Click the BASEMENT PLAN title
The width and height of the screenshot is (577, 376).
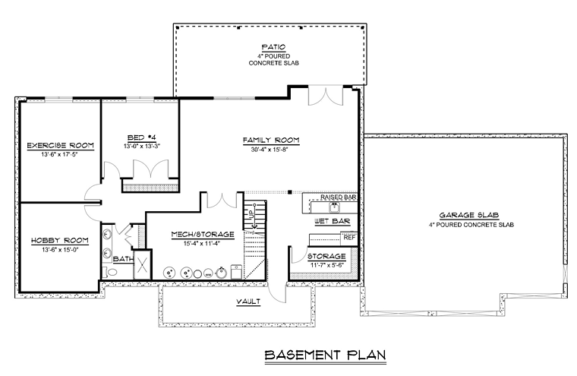325,355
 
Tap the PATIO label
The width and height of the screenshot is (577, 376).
273,47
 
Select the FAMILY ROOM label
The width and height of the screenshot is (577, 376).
271,140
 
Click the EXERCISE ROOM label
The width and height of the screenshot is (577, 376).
60,146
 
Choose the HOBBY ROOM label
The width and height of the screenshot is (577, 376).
60,241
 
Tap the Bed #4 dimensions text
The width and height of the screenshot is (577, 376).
142,146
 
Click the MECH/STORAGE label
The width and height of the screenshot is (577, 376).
203,234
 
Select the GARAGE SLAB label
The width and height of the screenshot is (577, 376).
469,215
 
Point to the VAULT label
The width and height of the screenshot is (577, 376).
248,302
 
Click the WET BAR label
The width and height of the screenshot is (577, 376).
332,221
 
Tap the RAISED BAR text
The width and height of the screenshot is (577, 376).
338,197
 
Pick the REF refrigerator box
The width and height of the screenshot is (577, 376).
349,238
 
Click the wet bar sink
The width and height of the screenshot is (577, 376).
335,207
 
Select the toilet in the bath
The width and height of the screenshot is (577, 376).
110,272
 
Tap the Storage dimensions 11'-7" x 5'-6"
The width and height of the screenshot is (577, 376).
326,265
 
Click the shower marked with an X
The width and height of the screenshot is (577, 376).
142,264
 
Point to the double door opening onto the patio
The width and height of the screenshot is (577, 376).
326,96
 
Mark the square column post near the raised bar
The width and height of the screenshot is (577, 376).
290,192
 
